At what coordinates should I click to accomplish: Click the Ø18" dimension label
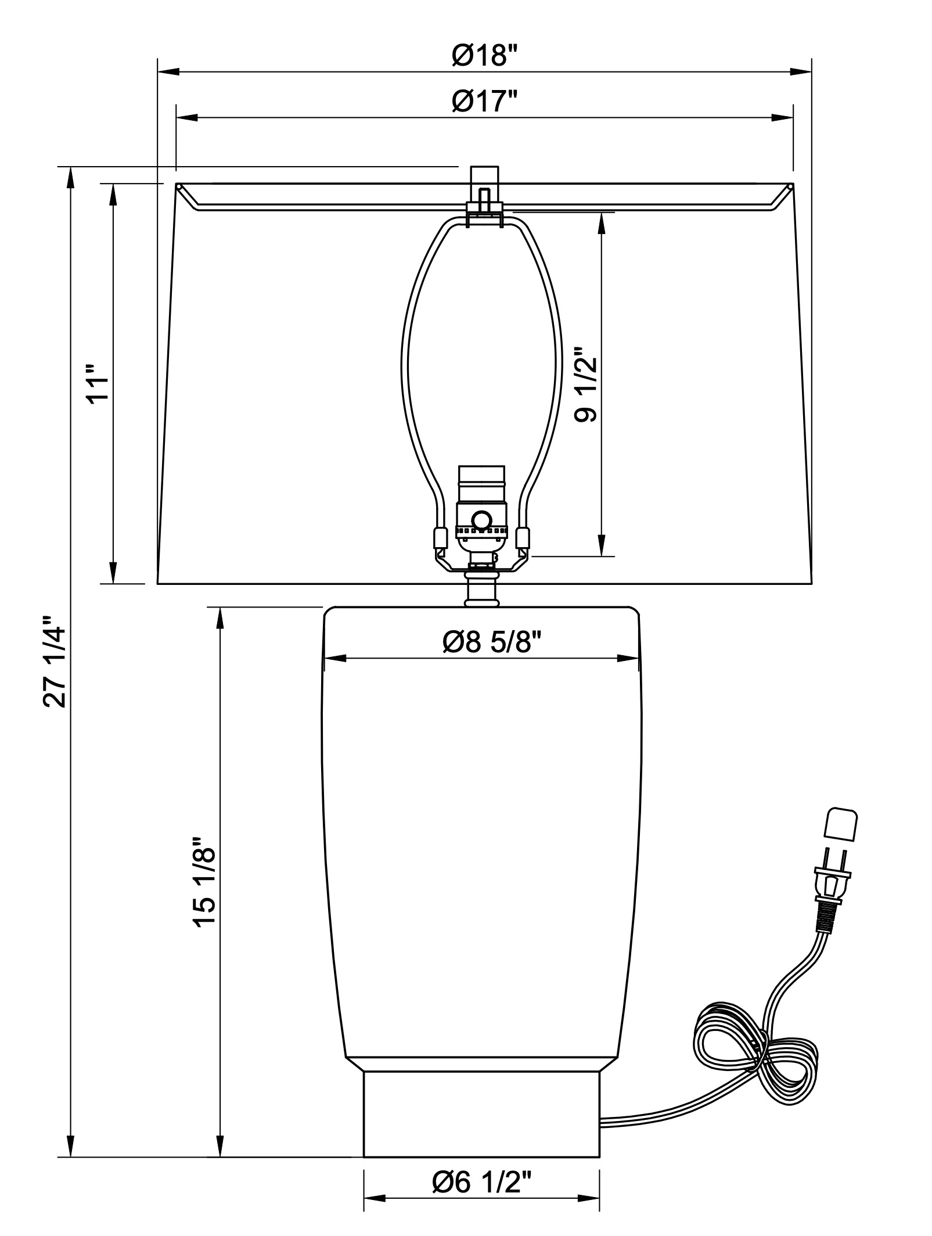pyautogui.click(x=484, y=57)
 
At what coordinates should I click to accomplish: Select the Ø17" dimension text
pyautogui.click(x=484, y=103)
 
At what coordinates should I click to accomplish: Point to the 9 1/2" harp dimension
pyautogui.click(x=585, y=385)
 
